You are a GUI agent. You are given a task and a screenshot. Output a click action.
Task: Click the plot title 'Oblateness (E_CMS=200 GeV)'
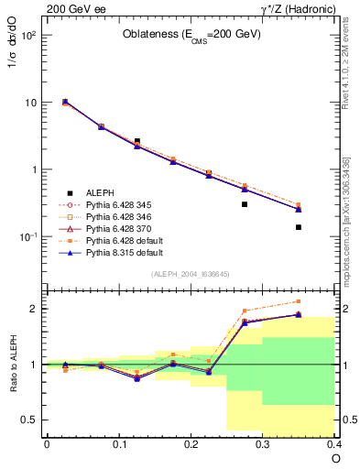click(191, 35)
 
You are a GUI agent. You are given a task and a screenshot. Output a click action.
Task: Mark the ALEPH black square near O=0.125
click(136, 141)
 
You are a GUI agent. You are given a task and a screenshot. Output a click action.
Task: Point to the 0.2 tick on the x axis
click(191, 443)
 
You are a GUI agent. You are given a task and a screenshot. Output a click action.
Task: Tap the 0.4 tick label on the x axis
click(333, 443)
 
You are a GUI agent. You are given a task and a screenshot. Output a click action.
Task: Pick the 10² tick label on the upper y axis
click(27, 35)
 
